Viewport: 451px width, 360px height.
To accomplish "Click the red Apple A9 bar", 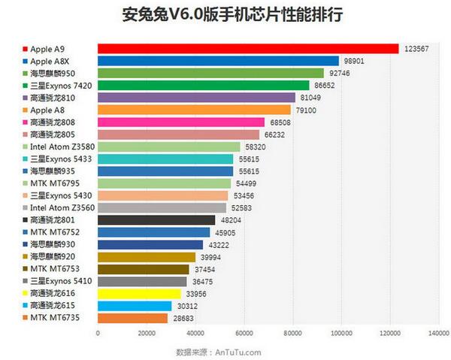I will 248,49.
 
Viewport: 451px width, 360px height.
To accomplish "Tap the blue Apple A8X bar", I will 218,61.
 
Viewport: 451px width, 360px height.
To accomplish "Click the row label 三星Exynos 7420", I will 59,86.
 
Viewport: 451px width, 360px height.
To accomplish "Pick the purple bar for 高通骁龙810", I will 196,98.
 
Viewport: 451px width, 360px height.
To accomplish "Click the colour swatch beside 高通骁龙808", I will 26,123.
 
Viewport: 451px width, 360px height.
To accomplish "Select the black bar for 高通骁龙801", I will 156,219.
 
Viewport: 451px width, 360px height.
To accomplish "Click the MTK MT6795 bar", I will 164,183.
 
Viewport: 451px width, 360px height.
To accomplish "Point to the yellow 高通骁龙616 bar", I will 139,293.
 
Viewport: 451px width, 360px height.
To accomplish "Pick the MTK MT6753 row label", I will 57,268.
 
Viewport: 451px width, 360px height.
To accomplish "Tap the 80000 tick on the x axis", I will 293,331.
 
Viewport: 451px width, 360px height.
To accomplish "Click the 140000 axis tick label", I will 438,331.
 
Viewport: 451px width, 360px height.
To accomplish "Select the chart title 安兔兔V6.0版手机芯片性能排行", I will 225,15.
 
